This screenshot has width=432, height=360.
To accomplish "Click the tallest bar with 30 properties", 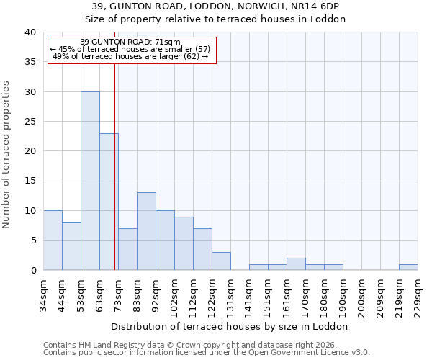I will click(90, 181).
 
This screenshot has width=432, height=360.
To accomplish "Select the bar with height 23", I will click(109, 202).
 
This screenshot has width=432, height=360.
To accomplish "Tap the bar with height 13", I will click(146, 231).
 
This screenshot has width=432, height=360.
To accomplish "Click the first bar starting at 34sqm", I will click(53, 240).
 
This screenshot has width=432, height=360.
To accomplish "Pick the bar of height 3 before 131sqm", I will click(221, 261).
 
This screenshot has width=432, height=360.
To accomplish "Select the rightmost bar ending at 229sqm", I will click(408, 267).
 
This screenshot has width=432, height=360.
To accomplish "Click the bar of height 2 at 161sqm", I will click(296, 264).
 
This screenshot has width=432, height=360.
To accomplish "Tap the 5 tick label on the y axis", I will click(33, 240).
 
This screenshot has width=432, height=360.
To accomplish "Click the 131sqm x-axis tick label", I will click(230, 294).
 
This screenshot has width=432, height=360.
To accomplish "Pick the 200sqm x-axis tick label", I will click(361, 294).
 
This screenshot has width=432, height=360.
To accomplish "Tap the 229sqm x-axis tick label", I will click(418, 294).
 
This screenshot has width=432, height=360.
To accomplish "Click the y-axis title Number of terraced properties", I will click(6, 155).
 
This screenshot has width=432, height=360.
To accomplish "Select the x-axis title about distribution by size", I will click(230, 326).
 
